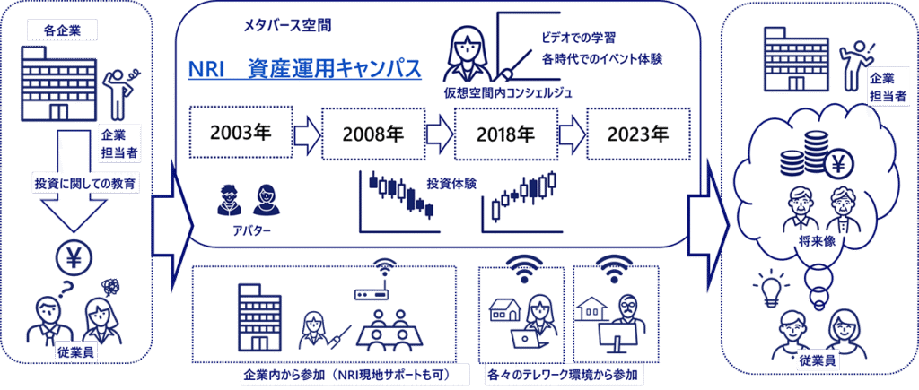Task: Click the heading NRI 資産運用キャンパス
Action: pyautogui.click(x=304, y=68)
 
